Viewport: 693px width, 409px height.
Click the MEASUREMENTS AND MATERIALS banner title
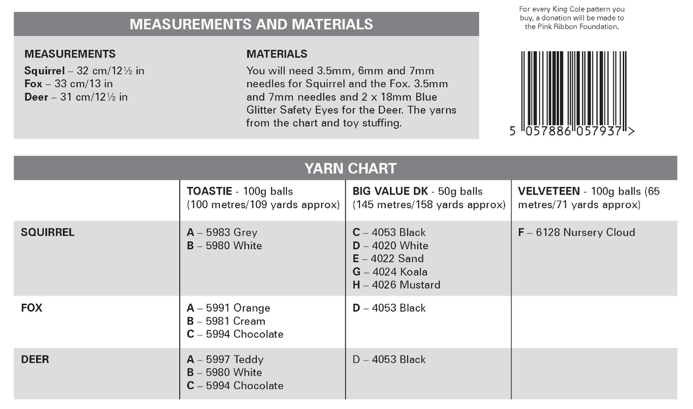(x=251, y=24)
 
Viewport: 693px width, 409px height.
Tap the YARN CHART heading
(x=350, y=168)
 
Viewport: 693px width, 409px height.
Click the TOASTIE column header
(x=208, y=192)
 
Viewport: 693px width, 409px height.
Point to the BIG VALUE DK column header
(x=394, y=192)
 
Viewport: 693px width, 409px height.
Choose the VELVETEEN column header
(x=549, y=192)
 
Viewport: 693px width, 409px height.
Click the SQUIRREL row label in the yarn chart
(x=47, y=233)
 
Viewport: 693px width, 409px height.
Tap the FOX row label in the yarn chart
(x=31, y=308)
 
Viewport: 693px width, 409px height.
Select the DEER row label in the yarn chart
(x=35, y=359)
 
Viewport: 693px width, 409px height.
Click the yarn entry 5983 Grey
(x=222, y=233)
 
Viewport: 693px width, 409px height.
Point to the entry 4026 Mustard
(x=397, y=285)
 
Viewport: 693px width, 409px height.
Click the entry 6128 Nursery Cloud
(x=577, y=233)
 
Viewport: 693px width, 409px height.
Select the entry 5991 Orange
(x=228, y=308)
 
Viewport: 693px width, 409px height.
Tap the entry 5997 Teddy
(x=225, y=359)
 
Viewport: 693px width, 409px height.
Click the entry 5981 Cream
(x=226, y=321)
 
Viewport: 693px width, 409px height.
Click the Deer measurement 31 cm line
(x=76, y=98)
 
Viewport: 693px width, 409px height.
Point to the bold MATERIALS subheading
(x=277, y=54)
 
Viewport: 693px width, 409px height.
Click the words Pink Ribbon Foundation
(x=572, y=26)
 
